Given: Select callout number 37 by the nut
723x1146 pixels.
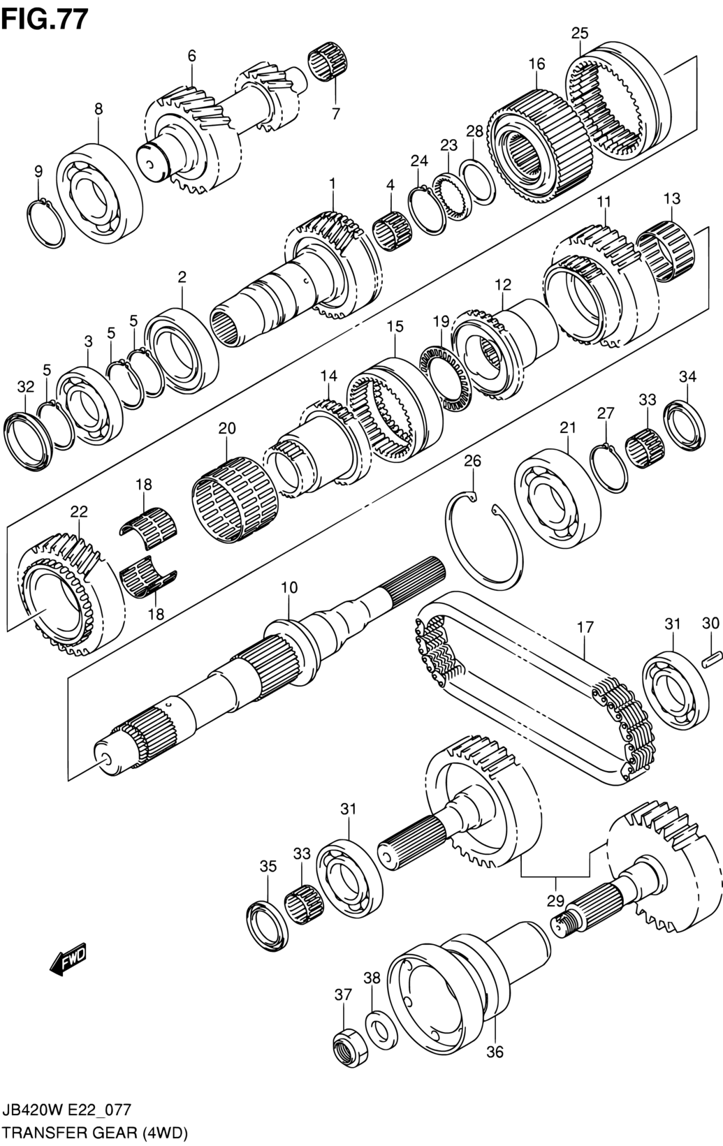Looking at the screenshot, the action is click(343, 994).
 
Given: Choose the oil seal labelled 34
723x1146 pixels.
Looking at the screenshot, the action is click(684, 424).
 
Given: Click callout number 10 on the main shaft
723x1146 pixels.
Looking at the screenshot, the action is click(289, 587).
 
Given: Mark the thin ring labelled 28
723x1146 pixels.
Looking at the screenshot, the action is click(477, 182).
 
